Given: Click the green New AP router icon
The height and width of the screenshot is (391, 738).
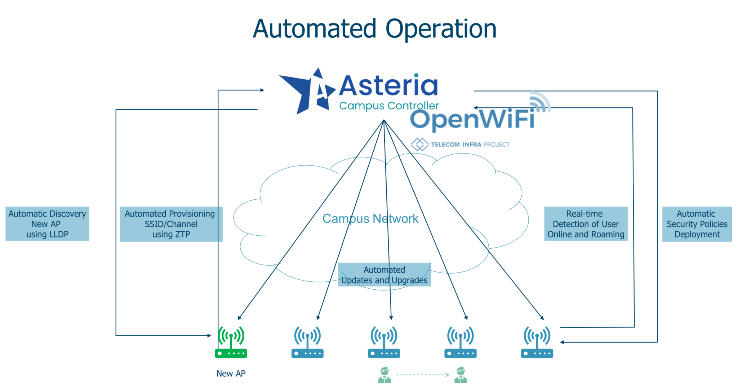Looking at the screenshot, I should pyautogui.click(x=231, y=342).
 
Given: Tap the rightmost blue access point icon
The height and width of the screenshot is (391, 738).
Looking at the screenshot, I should pyautogui.click(x=537, y=342).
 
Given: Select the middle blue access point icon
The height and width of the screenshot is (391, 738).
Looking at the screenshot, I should pyautogui.click(x=384, y=342).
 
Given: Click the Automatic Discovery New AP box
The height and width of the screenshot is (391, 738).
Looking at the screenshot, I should pyautogui.click(x=47, y=224).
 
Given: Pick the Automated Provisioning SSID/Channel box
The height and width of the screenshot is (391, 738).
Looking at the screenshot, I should pyautogui.click(x=171, y=224).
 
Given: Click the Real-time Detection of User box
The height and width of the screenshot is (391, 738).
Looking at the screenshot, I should pyautogui.click(x=586, y=224).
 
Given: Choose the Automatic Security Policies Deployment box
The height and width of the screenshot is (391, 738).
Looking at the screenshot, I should pyautogui.click(x=697, y=224).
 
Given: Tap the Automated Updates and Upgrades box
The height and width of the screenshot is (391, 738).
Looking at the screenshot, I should pyautogui.click(x=384, y=275).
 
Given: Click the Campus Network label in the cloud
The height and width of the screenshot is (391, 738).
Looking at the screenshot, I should pyautogui.click(x=370, y=218).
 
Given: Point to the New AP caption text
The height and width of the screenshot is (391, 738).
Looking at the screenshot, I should pyautogui.click(x=231, y=373).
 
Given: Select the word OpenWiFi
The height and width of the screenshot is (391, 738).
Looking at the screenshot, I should pyautogui.click(x=472, y=120).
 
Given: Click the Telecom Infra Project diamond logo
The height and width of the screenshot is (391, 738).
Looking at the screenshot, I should pyautogui.click(x=419, y=144).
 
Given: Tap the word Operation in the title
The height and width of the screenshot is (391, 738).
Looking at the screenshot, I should pyautogui.click(x=441, y=29).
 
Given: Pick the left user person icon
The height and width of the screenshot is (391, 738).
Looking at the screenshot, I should pyautogui.click(x=384, y=375).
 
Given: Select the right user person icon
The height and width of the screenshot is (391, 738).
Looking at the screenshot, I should pyautogui.click(x=461, y=375).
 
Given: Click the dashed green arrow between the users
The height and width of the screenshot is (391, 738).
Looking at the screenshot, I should pyautogui.click(x=422, y=375).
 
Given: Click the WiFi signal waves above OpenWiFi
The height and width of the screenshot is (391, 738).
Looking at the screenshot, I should pyautogui.click(x=539, y=101).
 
